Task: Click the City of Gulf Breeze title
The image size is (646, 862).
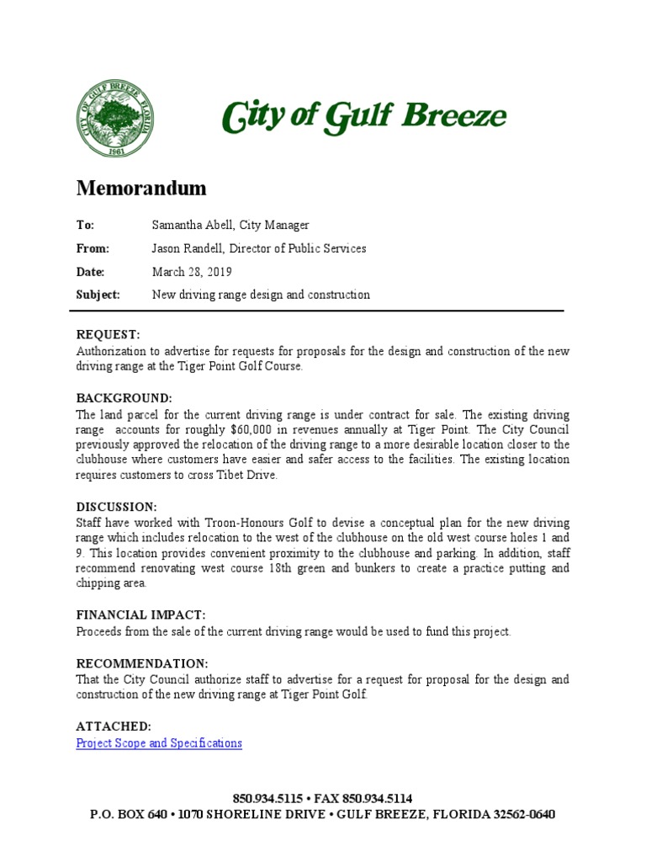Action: [363, 117]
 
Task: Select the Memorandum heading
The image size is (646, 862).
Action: [141, 188]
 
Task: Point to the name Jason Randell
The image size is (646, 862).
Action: [190, 248]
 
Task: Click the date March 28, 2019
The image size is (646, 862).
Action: [192, 272]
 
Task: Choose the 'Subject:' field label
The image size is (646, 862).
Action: [98, 295]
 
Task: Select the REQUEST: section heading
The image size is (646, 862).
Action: [109, 335]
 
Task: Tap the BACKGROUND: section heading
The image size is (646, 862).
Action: [124, 397]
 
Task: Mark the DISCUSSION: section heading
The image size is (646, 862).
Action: [117, 507]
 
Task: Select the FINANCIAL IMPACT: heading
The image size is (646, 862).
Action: [140, 615]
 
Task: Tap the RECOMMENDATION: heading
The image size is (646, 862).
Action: [142, 662]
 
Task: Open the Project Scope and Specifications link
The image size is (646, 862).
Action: [159, 742]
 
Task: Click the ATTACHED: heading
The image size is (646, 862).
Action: [114, 726]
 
